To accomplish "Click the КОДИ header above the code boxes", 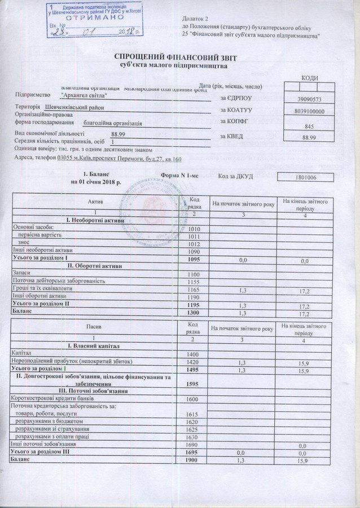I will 310,78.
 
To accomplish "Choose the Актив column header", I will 95,202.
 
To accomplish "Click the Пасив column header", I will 95,327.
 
